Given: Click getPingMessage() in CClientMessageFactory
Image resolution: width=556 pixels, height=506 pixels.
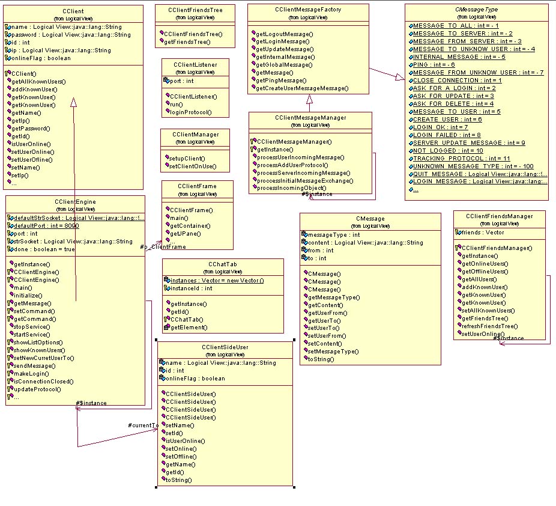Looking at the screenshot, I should [281, 81].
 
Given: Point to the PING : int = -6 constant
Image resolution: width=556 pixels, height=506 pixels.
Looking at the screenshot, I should [434, 64].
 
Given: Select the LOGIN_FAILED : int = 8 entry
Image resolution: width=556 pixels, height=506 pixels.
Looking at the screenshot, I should [447, 135].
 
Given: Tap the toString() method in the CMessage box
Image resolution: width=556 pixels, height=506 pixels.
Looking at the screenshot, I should [321, 359].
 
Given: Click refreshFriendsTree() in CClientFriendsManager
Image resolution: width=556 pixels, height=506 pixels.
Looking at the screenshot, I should [489, 326].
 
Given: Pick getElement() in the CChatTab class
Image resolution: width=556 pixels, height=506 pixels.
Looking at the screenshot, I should [189, 328].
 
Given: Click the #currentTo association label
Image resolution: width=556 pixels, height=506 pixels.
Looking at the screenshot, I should [143, 425].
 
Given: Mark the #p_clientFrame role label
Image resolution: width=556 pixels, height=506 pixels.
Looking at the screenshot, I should [163, 246].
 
